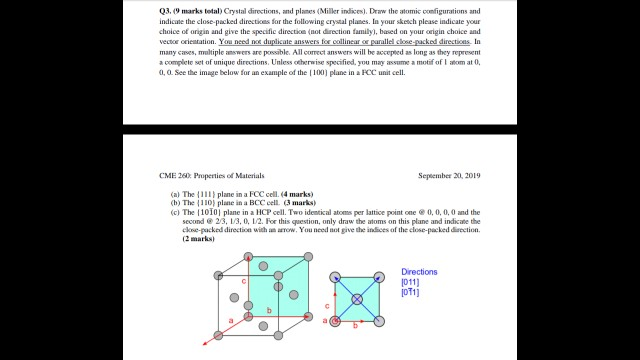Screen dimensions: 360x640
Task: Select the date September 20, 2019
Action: pos(450,176)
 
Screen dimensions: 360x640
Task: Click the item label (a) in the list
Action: pos(175,192)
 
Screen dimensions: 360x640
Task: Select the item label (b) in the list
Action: pos(175,202)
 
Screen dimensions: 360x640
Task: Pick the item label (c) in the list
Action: pos(175,212)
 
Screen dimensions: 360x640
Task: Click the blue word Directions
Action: pos(419,272)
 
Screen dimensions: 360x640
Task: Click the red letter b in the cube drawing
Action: pos(269,312)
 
